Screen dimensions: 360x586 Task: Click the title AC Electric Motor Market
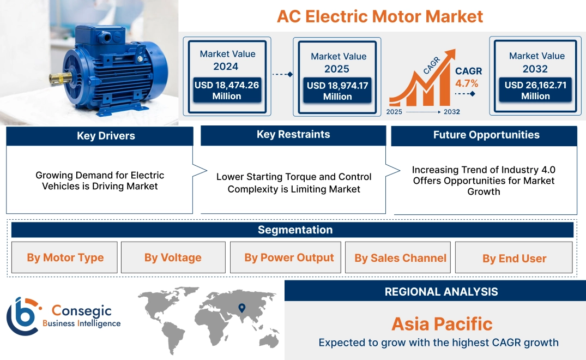[379, 16]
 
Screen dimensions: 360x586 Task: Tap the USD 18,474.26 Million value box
[226, 91]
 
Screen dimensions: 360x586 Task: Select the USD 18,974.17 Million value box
[337, 91]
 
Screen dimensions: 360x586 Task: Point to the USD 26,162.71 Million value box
[535, 91]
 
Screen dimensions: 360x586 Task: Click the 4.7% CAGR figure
[467, 83]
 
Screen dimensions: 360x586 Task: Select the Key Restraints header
[293, 135]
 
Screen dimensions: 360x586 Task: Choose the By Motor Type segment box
[65, 257]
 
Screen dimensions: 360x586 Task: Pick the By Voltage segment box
[173, 257]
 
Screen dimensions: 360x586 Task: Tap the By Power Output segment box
[289, 257]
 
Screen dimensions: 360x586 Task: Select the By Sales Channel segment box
[400, 258]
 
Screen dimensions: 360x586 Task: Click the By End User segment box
[514, 259]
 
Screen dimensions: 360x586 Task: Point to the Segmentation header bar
[295, 230]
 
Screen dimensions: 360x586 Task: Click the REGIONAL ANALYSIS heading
[441, 292]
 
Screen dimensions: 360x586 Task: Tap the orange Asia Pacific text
[442, 324]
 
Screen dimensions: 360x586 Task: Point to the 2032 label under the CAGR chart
[451, 112]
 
